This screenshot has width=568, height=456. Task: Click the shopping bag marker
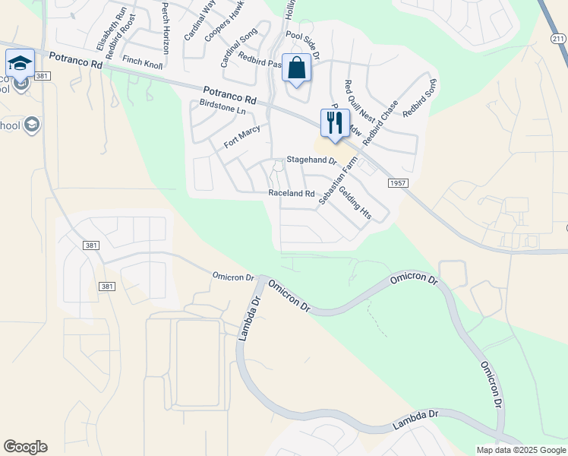point(295,68)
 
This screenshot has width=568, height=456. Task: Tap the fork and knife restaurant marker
point(335,122)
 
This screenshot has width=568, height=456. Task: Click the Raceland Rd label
point(292,194)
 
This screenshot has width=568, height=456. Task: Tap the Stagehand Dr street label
point(311,161)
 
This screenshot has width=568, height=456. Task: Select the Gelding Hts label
point(355,203)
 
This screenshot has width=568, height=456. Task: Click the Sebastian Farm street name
point(338,180)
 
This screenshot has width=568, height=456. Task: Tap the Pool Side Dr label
point(303,46)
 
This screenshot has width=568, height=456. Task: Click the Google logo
point(26,447)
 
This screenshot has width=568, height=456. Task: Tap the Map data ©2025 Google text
point(521,450)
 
